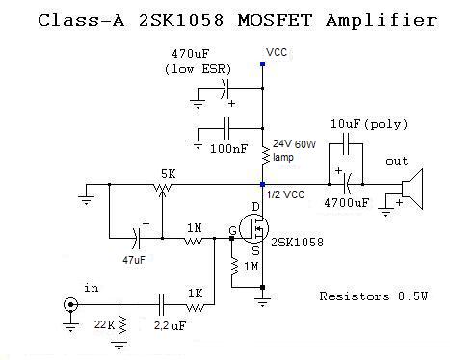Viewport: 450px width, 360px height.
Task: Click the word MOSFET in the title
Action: [x=275, y=20]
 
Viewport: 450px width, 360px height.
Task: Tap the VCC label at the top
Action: [x=277, y=52]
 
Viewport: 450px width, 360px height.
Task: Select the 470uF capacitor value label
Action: [x=190, y=54]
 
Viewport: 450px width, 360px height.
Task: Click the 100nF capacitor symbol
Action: [x=226, y=128]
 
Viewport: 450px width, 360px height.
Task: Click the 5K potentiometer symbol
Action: [x=163, y=188]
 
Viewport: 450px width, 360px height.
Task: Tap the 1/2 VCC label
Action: [x=285, y=194]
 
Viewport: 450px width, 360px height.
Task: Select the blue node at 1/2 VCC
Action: [x=262, y=184]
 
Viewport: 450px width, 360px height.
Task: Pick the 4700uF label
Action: [x=347, y=202]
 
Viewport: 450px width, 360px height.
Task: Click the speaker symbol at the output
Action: [x=412, y=189]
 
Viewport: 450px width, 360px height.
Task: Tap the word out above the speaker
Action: [x=397, y=161]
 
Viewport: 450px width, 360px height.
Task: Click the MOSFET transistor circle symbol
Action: [x=253, y=229]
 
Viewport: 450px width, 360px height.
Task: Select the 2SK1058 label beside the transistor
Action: [x=297, y=242]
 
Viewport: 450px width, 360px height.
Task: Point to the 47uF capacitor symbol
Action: [x=136, y=239]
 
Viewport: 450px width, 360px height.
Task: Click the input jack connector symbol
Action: [x=70, y=304]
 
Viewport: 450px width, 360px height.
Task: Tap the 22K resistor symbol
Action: [x=122, y=325]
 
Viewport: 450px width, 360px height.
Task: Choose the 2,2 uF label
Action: [x=170, y=326]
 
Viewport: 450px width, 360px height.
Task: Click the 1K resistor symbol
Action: [x=195, y=308]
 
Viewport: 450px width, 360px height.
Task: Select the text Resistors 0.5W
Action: [x=374, y=296]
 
